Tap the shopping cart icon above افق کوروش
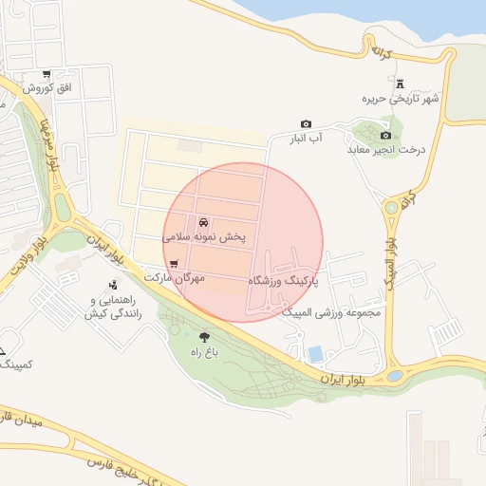pyautogui.click(x=46, y=75)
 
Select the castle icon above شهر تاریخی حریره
pyautogui.click(x=399, y=84)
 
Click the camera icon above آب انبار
pyautogui.click(x=306, y=124)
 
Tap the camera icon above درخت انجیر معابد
pyautogui.click(x=385, y=135)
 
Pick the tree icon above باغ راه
pyautogui.click(x=204, y=336)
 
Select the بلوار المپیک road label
pyautogui.click(x=390, y=257)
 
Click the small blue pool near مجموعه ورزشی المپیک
pyautogui.click(x=315, y=354)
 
